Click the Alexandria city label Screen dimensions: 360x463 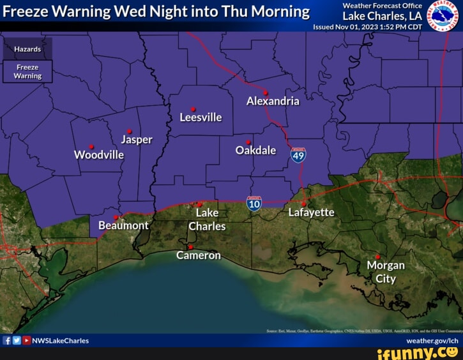coord(273,101)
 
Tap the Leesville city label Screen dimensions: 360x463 coord(201,117)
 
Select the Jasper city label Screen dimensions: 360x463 coord(136,140)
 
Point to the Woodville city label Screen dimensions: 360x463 coord(99,155)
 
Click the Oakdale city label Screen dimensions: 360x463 coord(255,150)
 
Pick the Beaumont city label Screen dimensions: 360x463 coord(123,225)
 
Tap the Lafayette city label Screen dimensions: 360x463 coord(311,213)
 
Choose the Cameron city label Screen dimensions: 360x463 coord(199,255)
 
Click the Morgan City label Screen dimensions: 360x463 coord(386,272)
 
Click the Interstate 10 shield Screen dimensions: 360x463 coord(254,204)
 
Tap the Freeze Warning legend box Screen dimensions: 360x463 coord(28,71)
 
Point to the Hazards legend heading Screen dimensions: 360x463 coord(28,49)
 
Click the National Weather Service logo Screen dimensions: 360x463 coord(442,15)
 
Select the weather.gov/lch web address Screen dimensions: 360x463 coord(432,341)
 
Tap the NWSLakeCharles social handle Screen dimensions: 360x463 coord(61,341)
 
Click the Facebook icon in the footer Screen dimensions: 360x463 coord(8,341)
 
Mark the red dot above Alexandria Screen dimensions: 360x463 coord(266,93)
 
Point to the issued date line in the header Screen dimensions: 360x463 coord(367,27)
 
